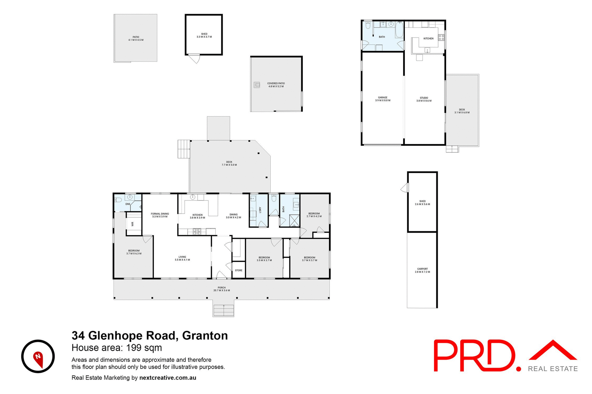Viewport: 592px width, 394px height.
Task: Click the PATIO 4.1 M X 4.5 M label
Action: point(136,38)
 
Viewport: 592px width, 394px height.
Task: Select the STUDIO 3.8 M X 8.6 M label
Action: point(424,99)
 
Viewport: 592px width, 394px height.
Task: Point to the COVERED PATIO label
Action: point(276,85)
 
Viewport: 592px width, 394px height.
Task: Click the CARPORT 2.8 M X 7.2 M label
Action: point(422,270)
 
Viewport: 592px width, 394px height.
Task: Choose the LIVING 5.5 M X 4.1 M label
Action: point(182,258)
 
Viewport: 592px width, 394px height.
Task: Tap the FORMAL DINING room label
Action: point(160,215)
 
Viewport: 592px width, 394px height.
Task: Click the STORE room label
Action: point(239,270)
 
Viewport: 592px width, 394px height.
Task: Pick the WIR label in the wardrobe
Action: point(133,224)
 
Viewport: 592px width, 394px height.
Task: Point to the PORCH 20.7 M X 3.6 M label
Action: point(222,289)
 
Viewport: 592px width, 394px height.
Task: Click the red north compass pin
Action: point(38,359)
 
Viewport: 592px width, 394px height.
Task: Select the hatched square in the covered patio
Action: point(257,85)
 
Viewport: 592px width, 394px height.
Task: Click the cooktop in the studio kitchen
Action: point(441,38)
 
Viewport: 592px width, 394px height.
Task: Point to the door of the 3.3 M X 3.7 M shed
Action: point(195,58)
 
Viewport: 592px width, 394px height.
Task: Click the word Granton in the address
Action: point(205,336)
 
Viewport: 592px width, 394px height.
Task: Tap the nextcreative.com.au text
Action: point(168,378)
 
